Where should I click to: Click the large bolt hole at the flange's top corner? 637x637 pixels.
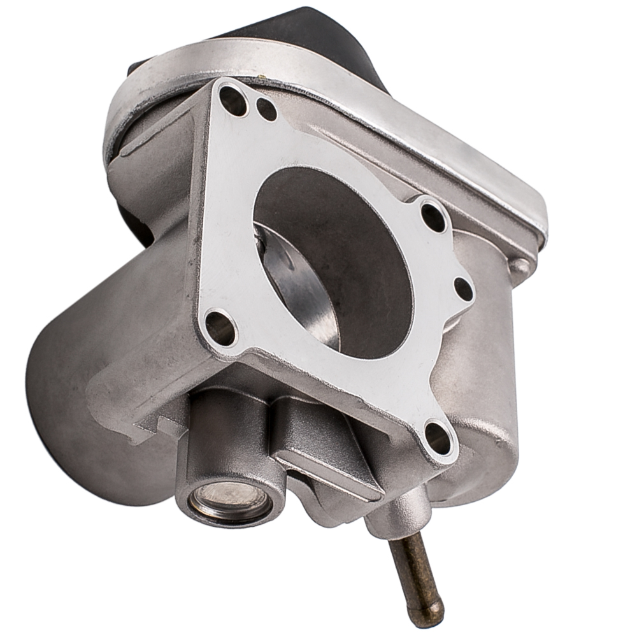[233, 101]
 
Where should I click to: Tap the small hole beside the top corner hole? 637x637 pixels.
[266, 110]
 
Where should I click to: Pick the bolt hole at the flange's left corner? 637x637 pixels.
[220, 327]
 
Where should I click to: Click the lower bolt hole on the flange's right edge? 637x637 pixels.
[464, 289]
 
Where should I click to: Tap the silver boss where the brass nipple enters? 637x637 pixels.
[398, 510]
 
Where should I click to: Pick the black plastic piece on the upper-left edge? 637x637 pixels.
[137, 70]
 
